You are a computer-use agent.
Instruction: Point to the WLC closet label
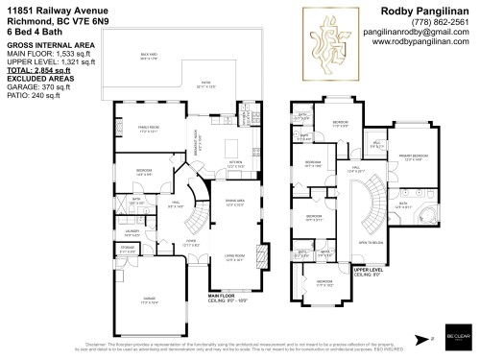pos(377,144)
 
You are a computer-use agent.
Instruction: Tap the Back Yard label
pos(147,57)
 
